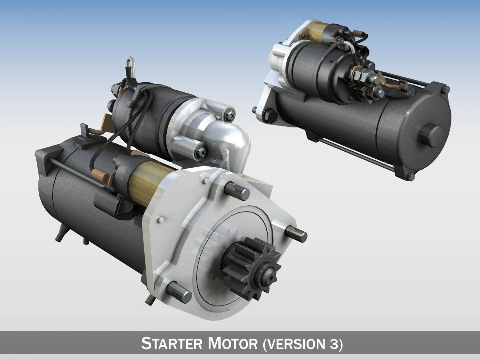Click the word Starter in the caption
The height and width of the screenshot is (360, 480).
(172, 344)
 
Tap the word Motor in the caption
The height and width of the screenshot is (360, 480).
(233, 344)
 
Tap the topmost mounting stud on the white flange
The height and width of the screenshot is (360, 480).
(237, 191)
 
